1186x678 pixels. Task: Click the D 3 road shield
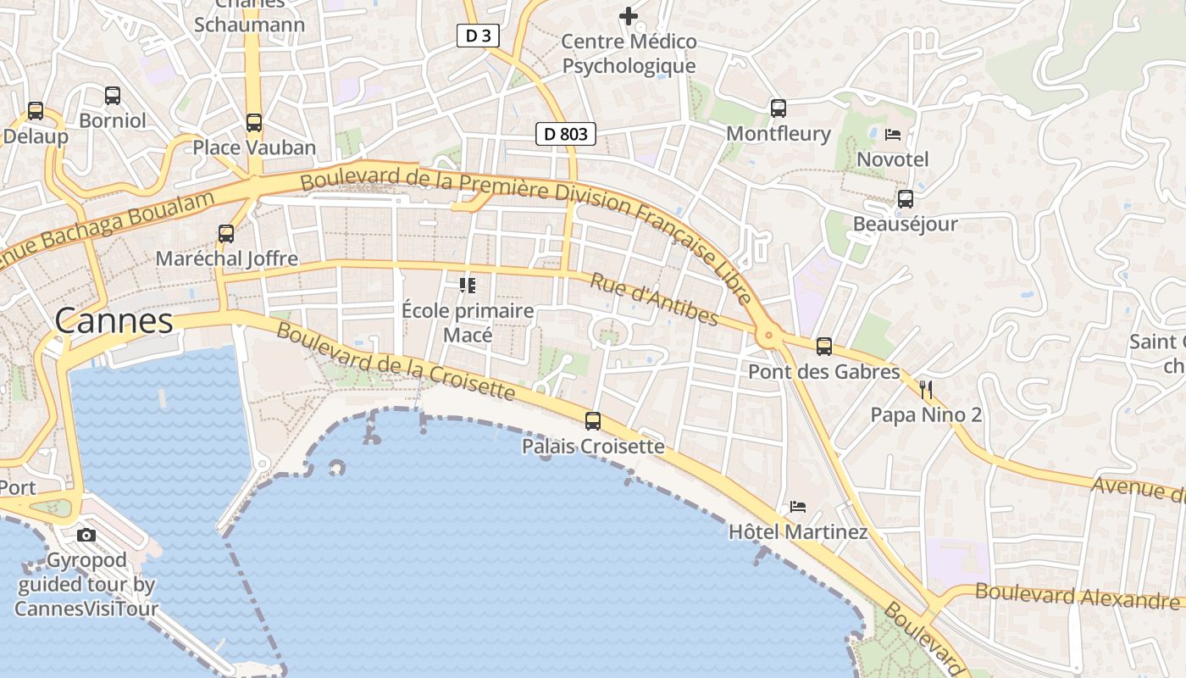[478, 36]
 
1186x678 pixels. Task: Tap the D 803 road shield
[565, 134]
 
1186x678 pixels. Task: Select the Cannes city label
[114, 321]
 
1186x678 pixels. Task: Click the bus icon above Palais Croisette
[593, 420]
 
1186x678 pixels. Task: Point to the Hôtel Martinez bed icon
[798, 507]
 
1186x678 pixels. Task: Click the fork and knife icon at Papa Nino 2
[926, 390]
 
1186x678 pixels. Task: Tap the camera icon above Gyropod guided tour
[86, 535]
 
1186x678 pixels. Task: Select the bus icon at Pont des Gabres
[823, 346]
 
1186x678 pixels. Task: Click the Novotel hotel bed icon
[892, 134]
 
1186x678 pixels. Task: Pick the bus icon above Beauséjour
[905, 199]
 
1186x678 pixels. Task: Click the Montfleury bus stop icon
[778, 108]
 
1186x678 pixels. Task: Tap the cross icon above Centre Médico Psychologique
[628, 15]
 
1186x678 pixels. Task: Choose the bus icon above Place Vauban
[253, 122]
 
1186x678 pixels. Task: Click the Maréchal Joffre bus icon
[225, 233]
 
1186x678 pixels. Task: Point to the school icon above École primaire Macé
[468, 286]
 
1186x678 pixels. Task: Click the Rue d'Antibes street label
[654, 300]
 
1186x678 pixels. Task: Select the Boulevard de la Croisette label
[395, 361]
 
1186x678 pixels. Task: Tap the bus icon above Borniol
[112, 95]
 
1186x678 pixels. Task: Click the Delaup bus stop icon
[35, 110]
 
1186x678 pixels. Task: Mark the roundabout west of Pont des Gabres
[768, 336]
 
